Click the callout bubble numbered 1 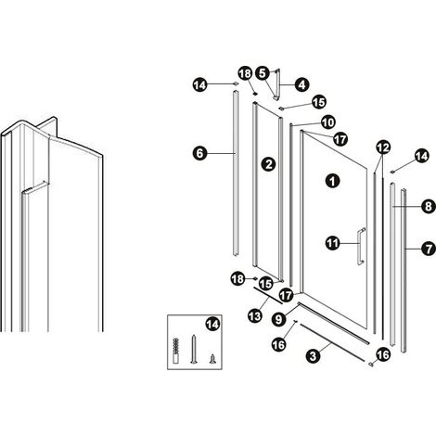click(333, 181)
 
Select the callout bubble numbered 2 click(269, 163)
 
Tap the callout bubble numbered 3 click(314, 355)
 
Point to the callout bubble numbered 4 click(301, 84)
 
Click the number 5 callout click(263, 73)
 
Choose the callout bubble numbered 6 click(200, 153)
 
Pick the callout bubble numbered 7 click(429, 249)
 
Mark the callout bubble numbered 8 click(429, 206)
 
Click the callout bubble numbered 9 click(278, 319)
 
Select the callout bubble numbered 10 click(328, 122)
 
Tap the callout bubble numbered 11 click(333, 243)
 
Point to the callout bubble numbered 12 click(383, 147)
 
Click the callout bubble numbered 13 click(255, 315)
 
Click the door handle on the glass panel click(361, 246)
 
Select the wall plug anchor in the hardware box click(175, 351)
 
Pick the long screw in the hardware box click(194, 349)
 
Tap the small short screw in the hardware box click(212, 359)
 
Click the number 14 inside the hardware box click(212, 325)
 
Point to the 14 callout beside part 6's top click(200, 84)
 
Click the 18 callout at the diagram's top click(245, 73)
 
